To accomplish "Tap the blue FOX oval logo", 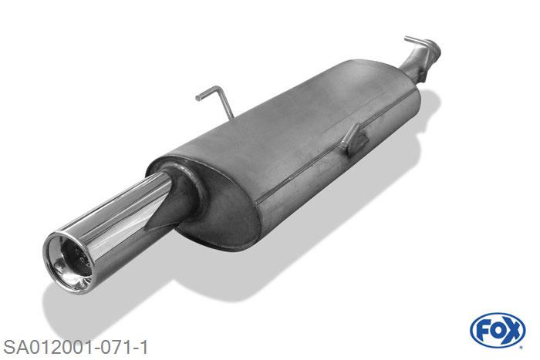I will tap(497, 331).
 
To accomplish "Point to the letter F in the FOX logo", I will tap(484, 331).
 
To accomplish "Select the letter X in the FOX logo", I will tap(511, 331).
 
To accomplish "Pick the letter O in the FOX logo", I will tap(497, 331).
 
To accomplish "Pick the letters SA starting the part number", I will tap(12, 344).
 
